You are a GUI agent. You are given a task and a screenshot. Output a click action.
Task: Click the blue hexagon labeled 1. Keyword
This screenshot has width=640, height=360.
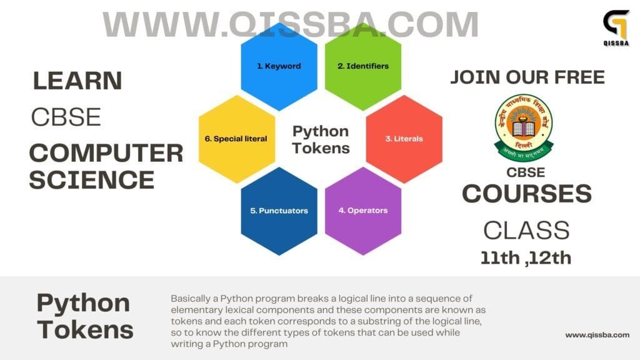[279, 66]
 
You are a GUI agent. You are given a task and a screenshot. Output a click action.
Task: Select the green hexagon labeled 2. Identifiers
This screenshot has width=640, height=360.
[363, 66]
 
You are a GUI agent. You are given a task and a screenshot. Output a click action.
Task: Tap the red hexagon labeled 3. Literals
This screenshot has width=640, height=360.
[404, 139]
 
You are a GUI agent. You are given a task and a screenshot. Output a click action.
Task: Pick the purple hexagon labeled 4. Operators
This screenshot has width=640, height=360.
[363, 211]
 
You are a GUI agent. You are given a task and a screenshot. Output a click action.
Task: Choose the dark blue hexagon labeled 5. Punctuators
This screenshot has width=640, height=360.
[279, 211]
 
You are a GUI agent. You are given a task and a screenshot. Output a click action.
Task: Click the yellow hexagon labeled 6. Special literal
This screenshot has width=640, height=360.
[236, 139]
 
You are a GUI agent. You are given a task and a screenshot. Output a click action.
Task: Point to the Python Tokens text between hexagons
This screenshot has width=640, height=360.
[321, 139]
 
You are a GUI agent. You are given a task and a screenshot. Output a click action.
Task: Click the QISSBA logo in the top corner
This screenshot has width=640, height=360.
[616, 26]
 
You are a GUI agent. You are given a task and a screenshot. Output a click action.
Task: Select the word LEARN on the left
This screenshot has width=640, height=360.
[77, 81]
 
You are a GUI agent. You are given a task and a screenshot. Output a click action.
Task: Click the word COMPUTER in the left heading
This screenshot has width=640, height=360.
[106, 153]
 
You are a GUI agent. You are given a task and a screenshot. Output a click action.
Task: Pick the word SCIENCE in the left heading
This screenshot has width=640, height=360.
[91, 180]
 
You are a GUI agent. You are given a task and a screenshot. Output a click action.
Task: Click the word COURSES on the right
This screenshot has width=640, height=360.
[527, 194]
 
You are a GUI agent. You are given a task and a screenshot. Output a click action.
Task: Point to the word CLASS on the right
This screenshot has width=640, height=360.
[526, 230]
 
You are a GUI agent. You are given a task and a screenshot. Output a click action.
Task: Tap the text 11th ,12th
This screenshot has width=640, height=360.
[526, 257]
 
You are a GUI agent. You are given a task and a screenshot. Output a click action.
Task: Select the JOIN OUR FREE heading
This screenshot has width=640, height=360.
[527, 77]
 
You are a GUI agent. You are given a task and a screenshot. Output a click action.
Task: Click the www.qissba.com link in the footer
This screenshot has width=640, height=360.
[597, 335]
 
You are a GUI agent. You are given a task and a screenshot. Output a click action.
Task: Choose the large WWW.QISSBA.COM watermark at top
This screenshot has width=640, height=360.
[291, 25]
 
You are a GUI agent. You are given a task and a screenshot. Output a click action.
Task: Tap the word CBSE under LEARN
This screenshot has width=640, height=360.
[66, 117]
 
